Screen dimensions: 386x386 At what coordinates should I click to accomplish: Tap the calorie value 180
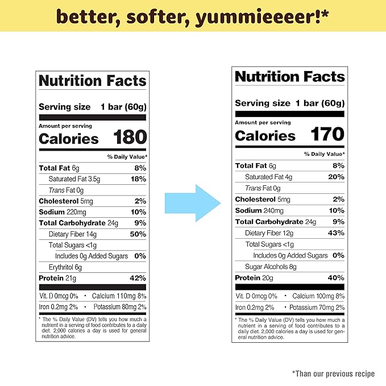point(130,138)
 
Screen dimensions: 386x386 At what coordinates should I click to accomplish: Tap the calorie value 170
point(327,134)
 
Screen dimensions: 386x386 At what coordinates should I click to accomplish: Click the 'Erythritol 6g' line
point(65,267)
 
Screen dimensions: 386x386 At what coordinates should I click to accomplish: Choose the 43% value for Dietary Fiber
point(335,233)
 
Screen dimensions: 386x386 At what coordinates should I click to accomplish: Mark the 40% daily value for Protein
point(335,278)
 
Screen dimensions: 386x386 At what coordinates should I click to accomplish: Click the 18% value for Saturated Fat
point(138,179)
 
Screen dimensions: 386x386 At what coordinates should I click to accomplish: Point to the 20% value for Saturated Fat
point(335,177)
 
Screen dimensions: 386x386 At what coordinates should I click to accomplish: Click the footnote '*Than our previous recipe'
point(333,373)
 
